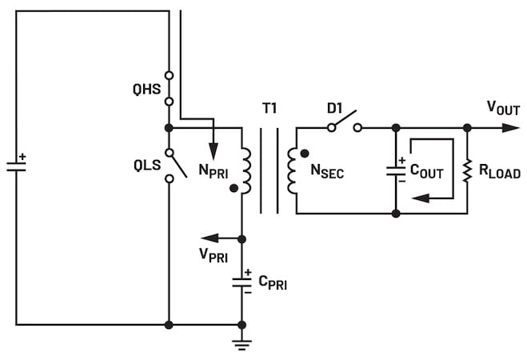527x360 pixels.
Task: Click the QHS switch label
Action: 146,90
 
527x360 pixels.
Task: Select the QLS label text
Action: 147,166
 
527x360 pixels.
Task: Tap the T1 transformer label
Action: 269,108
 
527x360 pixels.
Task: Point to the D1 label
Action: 335,108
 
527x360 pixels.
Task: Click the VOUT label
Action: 503,108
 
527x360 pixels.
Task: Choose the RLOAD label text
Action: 500,172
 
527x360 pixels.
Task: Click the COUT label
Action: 427,171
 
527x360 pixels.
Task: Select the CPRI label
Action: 273,283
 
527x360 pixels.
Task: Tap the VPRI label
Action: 214,255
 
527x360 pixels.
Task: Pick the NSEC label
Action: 327,171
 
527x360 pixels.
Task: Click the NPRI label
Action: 213,171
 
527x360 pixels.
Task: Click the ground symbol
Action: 242,346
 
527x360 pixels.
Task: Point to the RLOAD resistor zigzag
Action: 467,171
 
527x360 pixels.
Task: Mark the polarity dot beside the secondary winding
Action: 305,154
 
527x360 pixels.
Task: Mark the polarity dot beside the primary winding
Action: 234,189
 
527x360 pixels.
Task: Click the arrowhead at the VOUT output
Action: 511,128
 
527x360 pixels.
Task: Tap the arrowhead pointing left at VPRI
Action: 210,238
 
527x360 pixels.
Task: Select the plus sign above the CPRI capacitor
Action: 248,272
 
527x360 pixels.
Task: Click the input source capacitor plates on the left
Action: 16,166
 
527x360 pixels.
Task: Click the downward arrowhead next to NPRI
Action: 213,151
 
